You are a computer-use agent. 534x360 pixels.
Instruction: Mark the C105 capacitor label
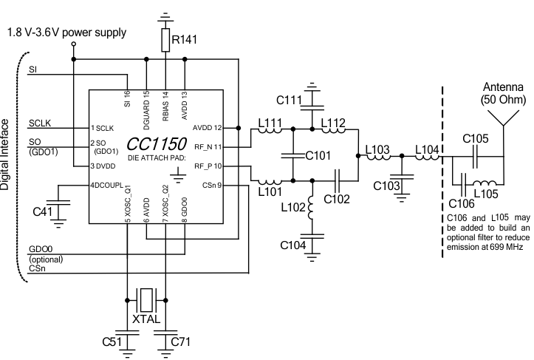pos(476,137)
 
